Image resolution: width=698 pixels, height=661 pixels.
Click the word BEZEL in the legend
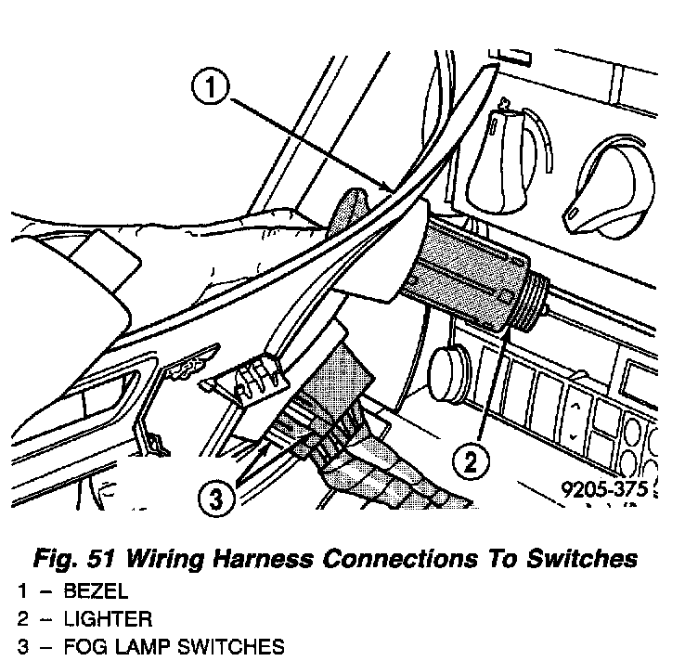(x=97, y=592)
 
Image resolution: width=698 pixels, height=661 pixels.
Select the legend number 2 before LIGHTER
(x=22, y=619)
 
